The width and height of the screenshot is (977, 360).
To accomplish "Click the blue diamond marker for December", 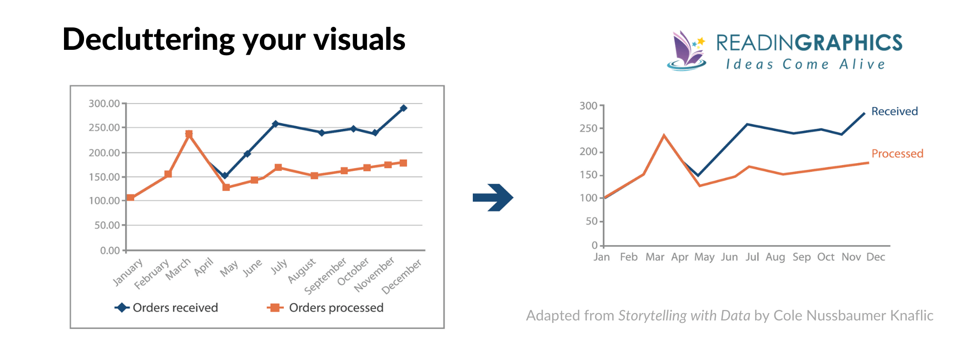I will (x=403, y=108).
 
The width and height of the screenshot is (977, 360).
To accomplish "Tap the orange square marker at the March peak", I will (x=189, y=134).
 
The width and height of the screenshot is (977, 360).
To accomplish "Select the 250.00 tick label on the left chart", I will (x=104, y=127).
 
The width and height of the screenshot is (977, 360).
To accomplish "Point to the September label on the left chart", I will (x=325, y=276).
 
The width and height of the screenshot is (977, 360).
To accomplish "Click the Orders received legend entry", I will (x=167, y=308).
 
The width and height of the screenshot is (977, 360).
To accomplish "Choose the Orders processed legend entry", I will (x=326, y=308).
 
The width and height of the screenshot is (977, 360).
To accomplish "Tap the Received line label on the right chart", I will (x=894, y=111).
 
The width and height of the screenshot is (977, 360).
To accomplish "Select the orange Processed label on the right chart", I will (x=897, y=154).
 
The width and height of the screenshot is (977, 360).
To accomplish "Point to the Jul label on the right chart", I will (x=752, y=257).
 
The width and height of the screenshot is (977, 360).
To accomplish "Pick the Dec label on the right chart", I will (x=875, y=257).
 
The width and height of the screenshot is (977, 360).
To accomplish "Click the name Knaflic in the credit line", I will (x=911, y=316).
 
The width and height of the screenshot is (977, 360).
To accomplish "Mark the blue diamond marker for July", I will (x=276, y=124).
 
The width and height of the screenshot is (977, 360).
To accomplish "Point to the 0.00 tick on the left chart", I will (x=110, y=251).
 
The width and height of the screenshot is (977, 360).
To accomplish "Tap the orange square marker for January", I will (x=130, y=198).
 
